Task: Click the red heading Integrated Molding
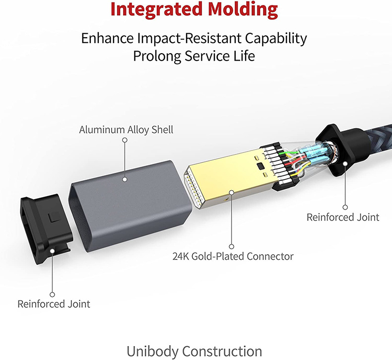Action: click(194, 9)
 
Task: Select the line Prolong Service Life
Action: click(194, 56)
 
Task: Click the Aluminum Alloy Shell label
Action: click(126, 130)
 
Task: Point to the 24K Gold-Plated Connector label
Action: click(233, 257)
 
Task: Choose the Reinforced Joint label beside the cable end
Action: click(343, 217)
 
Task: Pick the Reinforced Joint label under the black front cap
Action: click(54, 303)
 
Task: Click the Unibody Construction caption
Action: click(194, 351)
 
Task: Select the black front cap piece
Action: click(45, 223)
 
